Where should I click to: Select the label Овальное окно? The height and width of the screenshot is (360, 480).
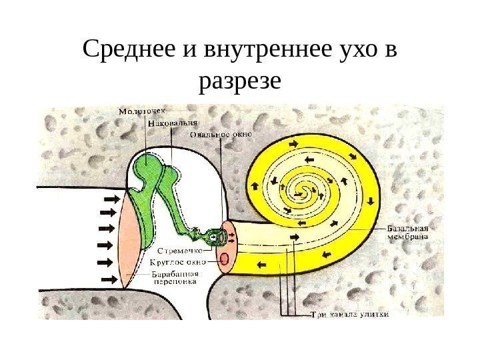pos(221,134)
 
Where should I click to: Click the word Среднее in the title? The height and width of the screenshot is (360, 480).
pos(127,51)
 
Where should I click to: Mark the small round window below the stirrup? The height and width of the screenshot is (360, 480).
pos(225,258)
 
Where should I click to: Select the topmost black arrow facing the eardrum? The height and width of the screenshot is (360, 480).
pos(111,199)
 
